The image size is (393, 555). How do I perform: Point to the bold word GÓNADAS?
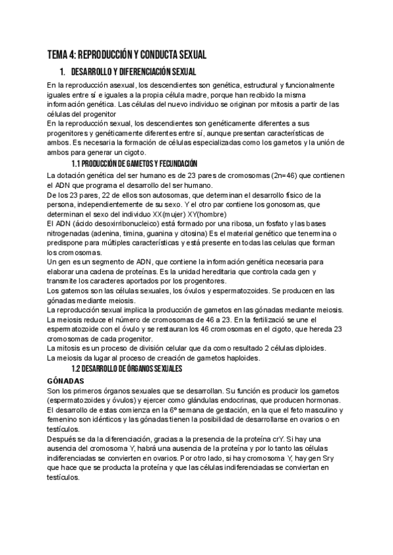[x=64, y=380]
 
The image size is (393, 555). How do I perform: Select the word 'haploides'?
[x=241, y=357]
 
